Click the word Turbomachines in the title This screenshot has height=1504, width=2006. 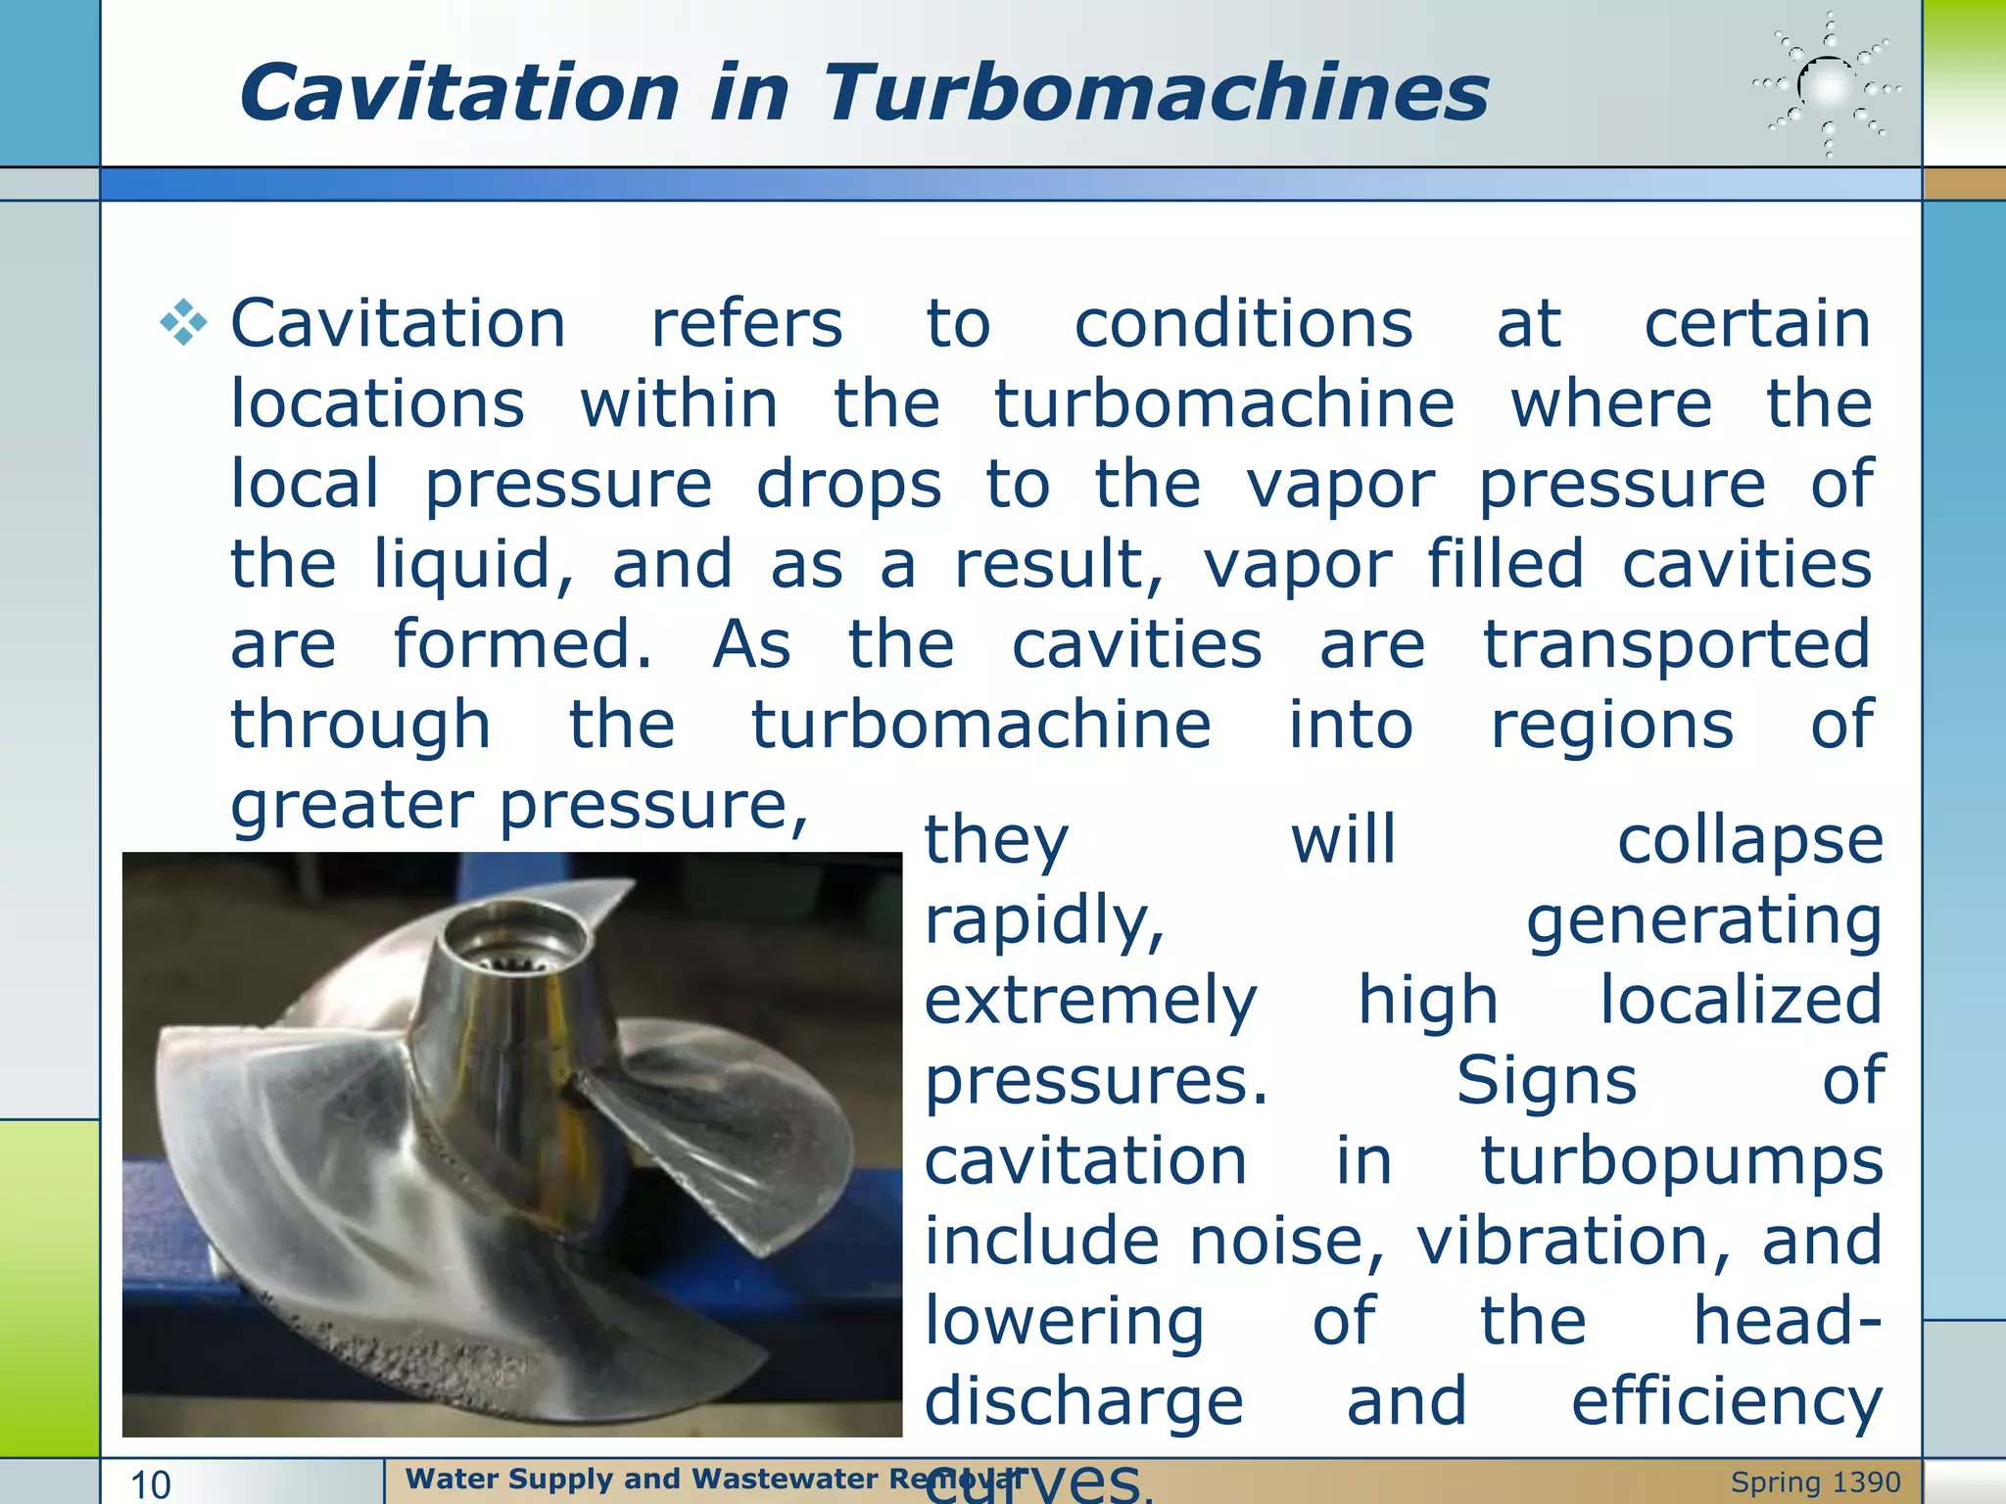[x=1156, y=92]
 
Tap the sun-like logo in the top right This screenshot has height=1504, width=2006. [x=1828, y=86]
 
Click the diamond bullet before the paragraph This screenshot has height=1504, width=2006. [x=183, y=323]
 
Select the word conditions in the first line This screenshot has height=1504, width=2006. [x=1243, y=324]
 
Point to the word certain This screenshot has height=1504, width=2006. [x=1757, y=324]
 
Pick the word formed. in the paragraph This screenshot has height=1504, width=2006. [x=522, y=645]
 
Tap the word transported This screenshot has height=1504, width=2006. [x=1677, y=645]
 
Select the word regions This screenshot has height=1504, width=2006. [x=1612, y=726]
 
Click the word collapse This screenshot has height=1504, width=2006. [x=1749, y=840]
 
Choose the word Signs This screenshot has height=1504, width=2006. [x=1546, y=1081]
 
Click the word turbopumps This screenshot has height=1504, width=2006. [x=1681, y=1161]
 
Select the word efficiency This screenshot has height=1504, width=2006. [x=1726, y=1401]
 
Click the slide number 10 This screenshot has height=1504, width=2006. [x=151, y=1484]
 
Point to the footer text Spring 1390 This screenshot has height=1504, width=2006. [x=1815, y=1482]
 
